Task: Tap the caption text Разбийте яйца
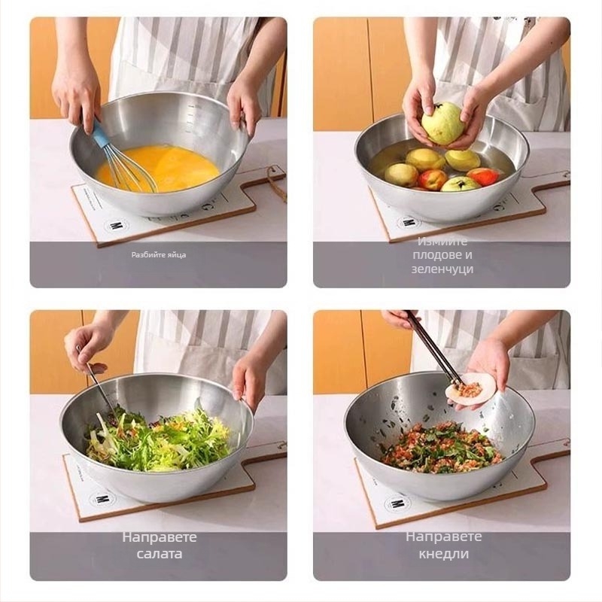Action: pos(159,254)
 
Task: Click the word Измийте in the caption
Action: pos(442,241)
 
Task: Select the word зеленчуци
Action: pos(442,269)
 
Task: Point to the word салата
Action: pos(160,554)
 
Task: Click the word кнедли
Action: pos(443,554)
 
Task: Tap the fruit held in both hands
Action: pos(442,123)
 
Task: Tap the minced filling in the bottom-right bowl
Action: pos(442,447)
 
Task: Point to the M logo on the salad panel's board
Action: pos(101,499)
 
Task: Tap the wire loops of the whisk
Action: pos(130,169)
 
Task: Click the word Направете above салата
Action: pos(160,537)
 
